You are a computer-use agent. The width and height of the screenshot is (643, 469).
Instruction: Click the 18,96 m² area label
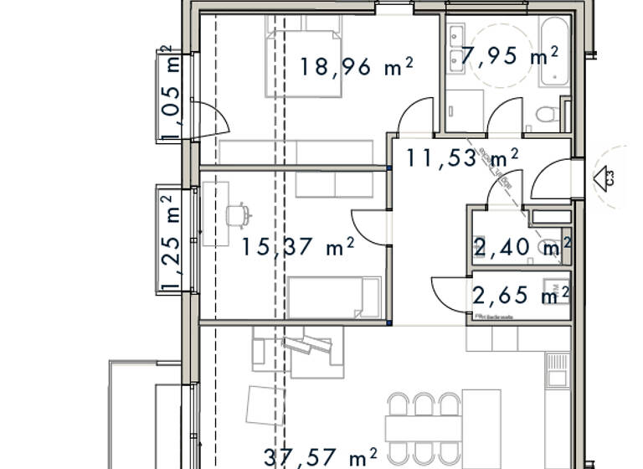click(357, 67)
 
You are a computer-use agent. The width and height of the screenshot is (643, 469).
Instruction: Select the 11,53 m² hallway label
click(462, 157)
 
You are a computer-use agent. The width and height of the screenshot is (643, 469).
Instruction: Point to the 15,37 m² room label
click(298, 246)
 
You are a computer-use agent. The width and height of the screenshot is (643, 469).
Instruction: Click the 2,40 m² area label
click(522, 247)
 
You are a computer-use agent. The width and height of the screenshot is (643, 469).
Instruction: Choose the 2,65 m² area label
click(521, 295)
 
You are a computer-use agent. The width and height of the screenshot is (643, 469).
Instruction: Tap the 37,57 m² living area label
click(320, 457)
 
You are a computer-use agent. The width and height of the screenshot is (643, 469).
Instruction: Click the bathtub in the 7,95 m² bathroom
click(553, 52)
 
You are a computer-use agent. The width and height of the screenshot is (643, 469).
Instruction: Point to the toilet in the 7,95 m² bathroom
click(547, 114)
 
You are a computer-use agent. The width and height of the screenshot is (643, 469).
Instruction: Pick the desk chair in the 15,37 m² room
click(239, 215)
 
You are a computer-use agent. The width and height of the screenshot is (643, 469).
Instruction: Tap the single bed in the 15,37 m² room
click(334, 298)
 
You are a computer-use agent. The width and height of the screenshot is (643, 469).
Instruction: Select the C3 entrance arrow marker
click(602, 178)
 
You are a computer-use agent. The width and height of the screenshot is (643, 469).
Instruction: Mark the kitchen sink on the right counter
click(557, 368)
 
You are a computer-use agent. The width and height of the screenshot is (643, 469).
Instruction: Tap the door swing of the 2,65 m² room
click(450, 293)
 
